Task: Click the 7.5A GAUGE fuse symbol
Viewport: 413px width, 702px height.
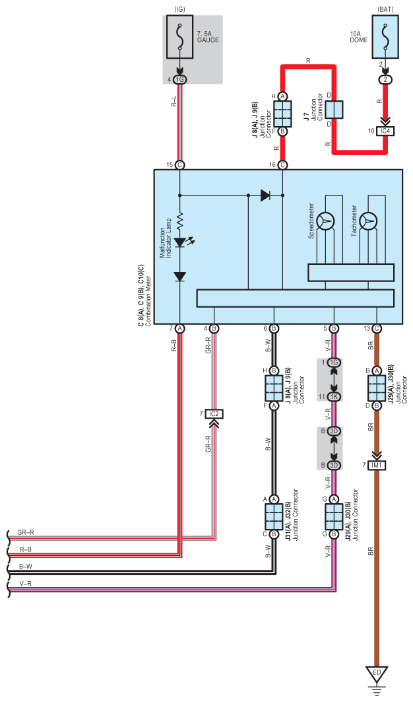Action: pos(180,37)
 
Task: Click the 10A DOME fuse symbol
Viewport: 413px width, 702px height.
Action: pos(385,37)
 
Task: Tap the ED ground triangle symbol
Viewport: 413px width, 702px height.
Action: pos(377,674)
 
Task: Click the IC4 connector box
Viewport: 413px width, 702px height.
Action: pos(385,131)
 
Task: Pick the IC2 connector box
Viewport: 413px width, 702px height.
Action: pos(214,413)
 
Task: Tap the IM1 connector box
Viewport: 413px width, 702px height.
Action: pos(377,465)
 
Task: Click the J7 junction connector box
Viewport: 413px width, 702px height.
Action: pos(334,109)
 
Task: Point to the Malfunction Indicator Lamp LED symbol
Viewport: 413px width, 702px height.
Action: pos(180,242)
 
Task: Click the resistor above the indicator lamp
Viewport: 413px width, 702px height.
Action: pos(180,221)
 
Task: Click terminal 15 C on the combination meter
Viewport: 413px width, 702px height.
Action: pos(180,165)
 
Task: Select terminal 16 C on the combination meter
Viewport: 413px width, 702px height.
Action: pos(282,165)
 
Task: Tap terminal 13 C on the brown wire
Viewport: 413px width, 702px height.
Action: pos(377,329)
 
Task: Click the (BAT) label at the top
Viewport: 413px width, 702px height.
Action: pos(385,9)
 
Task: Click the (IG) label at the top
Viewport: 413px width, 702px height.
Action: pos(180,9)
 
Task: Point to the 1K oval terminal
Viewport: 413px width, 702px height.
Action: pos(334,397)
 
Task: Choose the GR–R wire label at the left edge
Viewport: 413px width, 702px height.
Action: pos(26,533)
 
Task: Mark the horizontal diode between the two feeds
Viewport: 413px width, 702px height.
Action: pos(265,195)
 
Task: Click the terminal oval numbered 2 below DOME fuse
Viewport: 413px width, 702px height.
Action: pos(385,80)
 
